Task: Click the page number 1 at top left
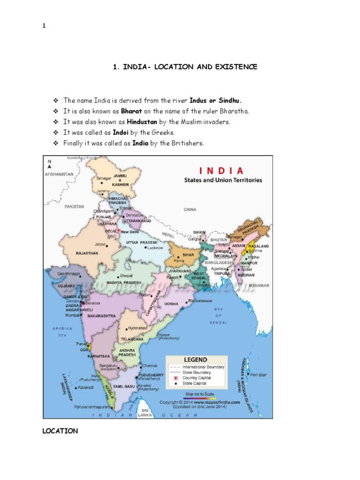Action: tap(44, 26)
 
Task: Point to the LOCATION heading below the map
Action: tap(60, 431)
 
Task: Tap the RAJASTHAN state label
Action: tap(87, 253)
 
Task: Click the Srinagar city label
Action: tap(104, 178)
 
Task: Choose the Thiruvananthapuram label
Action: tap(92, 407)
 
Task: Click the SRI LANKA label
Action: tap(142, 412)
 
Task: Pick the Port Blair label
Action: tap(258, 375)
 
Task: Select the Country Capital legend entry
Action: tap(197, 377)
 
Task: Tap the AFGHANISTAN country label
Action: tap(59, 174)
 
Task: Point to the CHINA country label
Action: tap(190, 210)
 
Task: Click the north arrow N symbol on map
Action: tap(49, 163)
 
